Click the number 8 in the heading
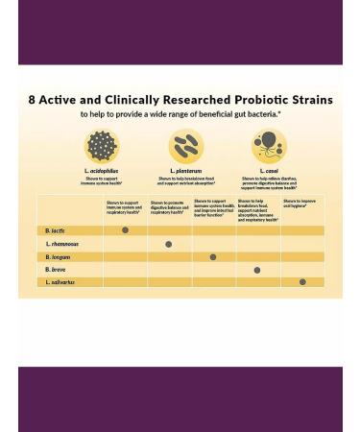(x=32, y=100)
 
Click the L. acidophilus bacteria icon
(x=101, y=147)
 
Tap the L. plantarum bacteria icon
(x=186, y=147)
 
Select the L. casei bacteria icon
(x=269, y=146)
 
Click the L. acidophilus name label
(x=101, y=171)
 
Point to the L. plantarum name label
(x=186, y=171)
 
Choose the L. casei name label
(x=269, y=171)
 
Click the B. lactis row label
(x=56, y=231)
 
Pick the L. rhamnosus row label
(x=62, y=244)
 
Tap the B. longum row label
(x=59, y=257)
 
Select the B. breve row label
(x=56, y=270)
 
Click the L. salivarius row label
(x=60, y=282)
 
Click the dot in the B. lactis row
(x=125, y=230)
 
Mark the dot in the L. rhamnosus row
(x=169, y=245)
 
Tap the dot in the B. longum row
(x=213, y=257)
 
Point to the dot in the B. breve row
(x=257, y=271)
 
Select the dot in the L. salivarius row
(x=302, y=282)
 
